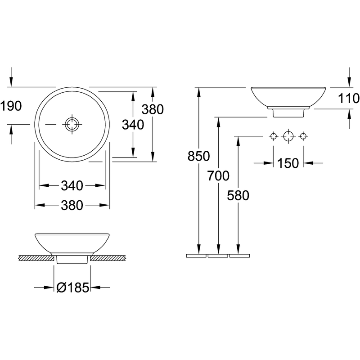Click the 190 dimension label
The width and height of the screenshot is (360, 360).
pyautogui.click(x=11, y=106)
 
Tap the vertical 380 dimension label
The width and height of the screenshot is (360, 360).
pyautogui.click(x=153, y=109)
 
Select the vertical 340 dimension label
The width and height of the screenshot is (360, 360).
pyautogui.click(x=133, y=125)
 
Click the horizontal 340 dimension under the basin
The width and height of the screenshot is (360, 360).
pyautogui.click(x=72, y=185)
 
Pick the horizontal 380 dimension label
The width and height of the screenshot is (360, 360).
pyautogui.click(x=72, y=205)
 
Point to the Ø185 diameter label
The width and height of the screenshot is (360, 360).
pyautogui.click(x=73, y=288)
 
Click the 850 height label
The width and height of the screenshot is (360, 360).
pyautogui.click(x=199, y=156)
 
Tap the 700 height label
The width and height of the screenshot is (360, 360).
pyautogui.click(x=218, y=176)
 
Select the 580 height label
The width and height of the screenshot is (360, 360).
pyautogui.click(x=238, y=196)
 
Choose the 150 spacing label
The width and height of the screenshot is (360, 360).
pyautogui.click(x=288, y=163)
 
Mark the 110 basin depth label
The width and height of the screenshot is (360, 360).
pyautogui.click(x=349, y=98)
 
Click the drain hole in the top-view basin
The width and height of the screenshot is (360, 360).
pyautogui.click(x=72, y=124)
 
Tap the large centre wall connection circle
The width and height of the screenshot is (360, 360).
pyautogui.click(x=288, y=136)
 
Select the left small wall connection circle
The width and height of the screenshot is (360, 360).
pyautogui.click(x=273, y=136)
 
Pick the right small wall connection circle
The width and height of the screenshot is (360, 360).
pyautogui.click(x=303, y=136)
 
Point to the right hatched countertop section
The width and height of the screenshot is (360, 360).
pyautogui.click(x=108, y=258)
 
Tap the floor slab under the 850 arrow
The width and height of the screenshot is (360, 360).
pyautogui.click(x=196, y=256)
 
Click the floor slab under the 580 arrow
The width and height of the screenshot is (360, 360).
pyautogui.click(x=239, y=256)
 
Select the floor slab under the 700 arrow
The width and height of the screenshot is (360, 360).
pyautogui.click(x=218, y=256)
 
